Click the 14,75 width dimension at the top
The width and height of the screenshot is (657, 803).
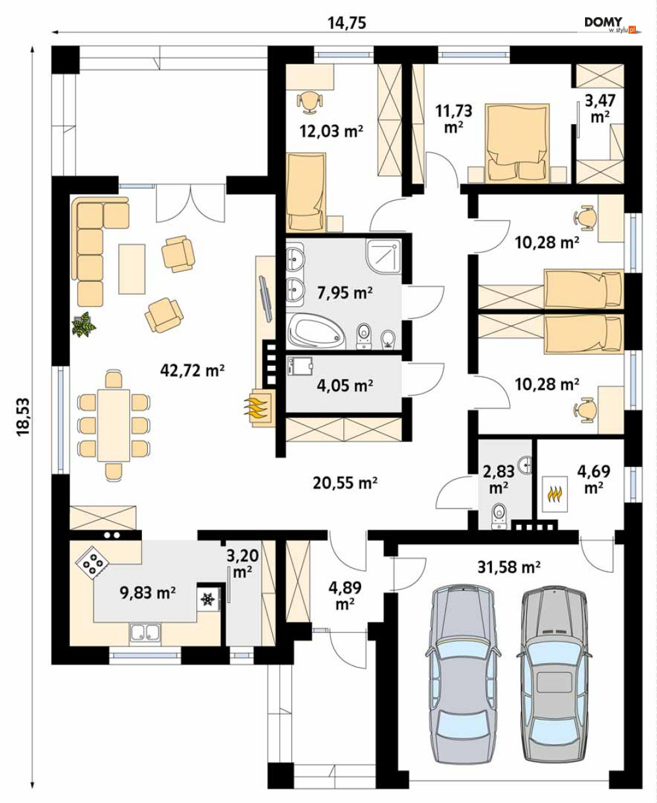pyautogui.click(x=347, y=23)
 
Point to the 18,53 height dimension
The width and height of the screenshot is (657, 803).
pyautogui.click(x=23, y=417)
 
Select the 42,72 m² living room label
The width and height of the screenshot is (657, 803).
pyautogui.click(x=192, y=370)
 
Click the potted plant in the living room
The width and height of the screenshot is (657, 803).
pyautogui.click(x=84, y=324)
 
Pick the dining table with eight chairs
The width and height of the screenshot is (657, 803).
pyautogui.click(x=114, y=425)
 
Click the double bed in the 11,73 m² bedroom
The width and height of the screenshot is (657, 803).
pyautogui.click(x=517, y=143)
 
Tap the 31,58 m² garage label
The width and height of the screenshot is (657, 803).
pyautogui.click(x=509, y=567)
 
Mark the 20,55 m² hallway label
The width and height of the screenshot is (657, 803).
pyautogui.click(x=345, y=483)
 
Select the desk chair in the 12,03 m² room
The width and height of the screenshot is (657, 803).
pyautogui.click(x=310, y=102)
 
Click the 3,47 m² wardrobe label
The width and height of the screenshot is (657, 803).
pyautogui.click(x=600, y=109)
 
